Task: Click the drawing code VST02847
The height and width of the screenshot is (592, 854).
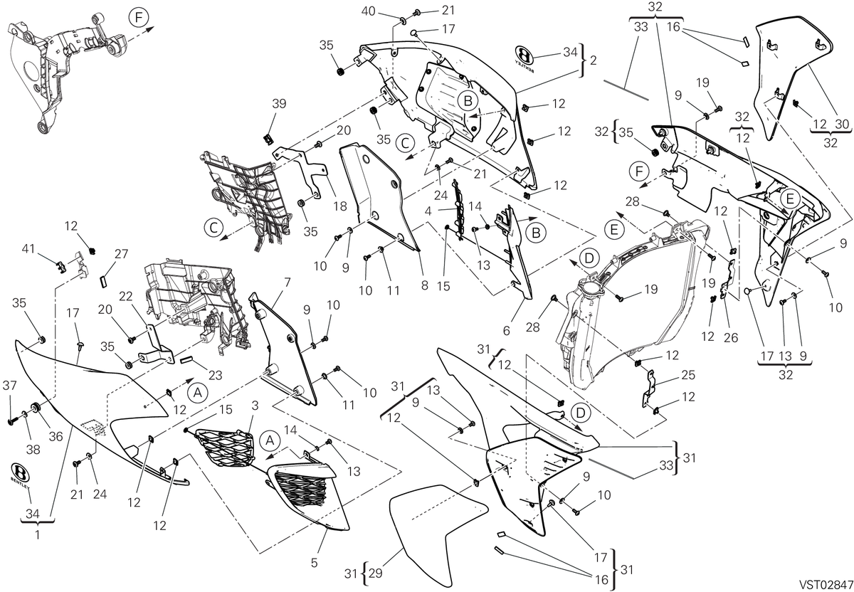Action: pyautogui.click(x=826, y=584)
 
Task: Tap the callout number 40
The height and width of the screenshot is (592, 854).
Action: pyautogui.click(x=369, y=11)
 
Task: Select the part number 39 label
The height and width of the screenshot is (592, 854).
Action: pyautogui.click(x=279, y=104)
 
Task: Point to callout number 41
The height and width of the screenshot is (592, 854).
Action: pyautogui.click(x=28, y=249)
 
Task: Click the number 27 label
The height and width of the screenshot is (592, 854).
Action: pyautogui.click(x=121, y=253)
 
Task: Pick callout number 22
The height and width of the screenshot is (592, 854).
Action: pyautogui.click(x=125, y=296)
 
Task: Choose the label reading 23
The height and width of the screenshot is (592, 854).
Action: pyautogui.click(x=216, y=375)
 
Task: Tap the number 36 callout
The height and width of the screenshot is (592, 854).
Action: pyautogui.click(x=56, y=436)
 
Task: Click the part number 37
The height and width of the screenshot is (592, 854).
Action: pyautogui.click(x=9, y=386)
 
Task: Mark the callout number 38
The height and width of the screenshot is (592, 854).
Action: pyautogui.click(x=33, y=450)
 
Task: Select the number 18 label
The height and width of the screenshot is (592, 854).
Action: pyautogui.click(x=340, y=206)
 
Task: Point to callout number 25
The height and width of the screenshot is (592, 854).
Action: pyautogui.click(x=688, y=375)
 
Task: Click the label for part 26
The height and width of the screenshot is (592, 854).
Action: pyautogui.click(x=731, y=338)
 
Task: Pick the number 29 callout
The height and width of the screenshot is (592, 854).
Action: pyautogui.click(x=376, y=573)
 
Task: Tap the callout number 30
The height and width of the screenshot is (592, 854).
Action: pyautogui.click(x=842, y=125)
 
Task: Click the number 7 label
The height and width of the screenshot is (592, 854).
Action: pyautogui.click(x=287, y=283)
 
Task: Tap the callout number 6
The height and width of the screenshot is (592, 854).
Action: pyautogui.click(x=506, y=330)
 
